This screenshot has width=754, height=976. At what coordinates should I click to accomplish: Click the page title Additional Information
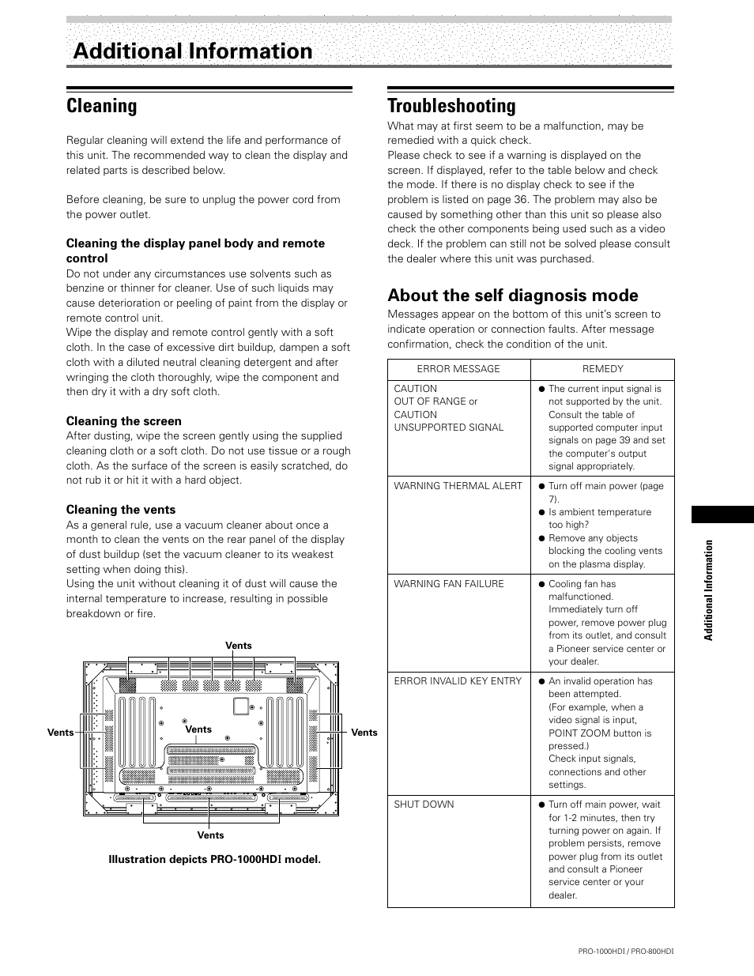pos(193,51)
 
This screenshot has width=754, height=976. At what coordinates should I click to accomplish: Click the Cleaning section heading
pos(101,106)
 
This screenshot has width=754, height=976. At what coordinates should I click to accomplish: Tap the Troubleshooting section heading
pos(451,106)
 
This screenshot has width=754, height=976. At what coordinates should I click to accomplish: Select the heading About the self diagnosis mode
pos(512,296)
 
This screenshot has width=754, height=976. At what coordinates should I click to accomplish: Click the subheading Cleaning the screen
pos(124,421)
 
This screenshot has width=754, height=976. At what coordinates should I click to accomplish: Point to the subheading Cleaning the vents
pos(121,510)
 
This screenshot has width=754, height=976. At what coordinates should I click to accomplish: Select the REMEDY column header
pos(602,369)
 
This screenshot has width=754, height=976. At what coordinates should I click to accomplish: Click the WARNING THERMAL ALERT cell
pos(458,486)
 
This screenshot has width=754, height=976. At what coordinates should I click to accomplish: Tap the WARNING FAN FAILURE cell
pos(448,584)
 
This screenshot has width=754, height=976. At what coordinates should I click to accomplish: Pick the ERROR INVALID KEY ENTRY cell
pos(458,681)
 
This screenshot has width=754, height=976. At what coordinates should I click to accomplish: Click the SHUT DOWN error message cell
pos(424,805)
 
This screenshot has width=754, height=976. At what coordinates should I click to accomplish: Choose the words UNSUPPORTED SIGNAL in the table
pos(448,428)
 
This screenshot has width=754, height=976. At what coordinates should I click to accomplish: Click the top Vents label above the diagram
pos(239,646)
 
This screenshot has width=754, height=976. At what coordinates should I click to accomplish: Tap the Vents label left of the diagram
pos(60,733)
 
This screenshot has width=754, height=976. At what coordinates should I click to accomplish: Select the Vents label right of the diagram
pos(364,733)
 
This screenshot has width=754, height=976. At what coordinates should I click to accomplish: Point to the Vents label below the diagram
pos(210,835)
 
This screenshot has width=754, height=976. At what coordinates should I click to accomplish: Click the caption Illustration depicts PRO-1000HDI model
pos(215,860)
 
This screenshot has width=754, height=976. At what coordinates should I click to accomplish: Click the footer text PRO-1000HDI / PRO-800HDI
pos(626,952)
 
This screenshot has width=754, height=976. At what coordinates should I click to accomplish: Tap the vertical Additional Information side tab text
pos(710,590)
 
